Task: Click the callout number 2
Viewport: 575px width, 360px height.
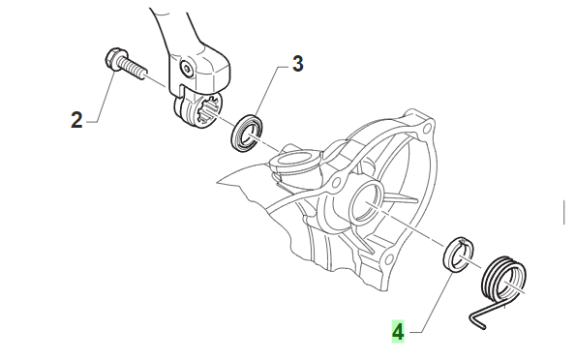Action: [76, 120]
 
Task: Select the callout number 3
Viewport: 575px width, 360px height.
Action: [298, 64]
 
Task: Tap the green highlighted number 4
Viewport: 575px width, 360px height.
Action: [398, 332]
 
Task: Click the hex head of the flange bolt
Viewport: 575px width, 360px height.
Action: [112, 58]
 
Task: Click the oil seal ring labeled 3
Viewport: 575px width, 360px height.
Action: [247, 134]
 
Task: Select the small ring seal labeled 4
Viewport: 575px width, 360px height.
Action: [460, 255]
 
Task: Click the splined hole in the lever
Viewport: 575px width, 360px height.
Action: [209, 110]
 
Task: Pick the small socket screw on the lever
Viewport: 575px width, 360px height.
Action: [187, 69]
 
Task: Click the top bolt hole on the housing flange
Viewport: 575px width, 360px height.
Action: [426, 129]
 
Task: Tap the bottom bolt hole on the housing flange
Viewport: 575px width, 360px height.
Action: [387, 260]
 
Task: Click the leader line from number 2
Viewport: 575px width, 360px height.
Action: [104, 97]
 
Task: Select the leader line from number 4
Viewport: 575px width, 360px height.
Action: [432, 303]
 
